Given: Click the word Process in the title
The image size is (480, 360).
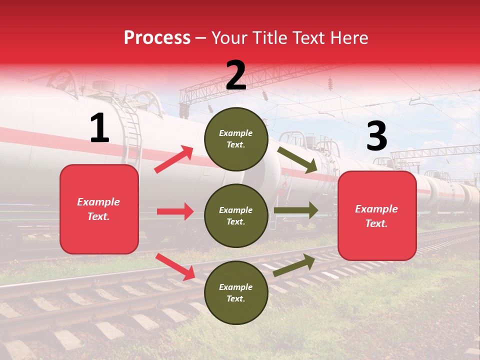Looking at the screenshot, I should point(157,38).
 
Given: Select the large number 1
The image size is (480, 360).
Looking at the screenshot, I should point(99,128).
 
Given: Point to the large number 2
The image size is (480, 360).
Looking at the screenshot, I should point(236,75).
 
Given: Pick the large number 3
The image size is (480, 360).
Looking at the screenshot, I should point(376,136).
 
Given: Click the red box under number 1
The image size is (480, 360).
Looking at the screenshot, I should point(99,209).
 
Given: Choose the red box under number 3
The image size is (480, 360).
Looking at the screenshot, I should point(377,216).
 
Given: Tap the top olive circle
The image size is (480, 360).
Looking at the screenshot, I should point(236,139).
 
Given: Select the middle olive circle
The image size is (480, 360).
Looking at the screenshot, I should point(236,216).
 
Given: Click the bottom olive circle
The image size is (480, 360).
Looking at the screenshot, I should point(236,293).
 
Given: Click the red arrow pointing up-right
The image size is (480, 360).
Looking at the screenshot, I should point(174,159).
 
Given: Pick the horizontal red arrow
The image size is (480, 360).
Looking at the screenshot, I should point(175,211).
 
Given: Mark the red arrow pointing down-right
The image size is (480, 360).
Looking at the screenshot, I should point(175,266).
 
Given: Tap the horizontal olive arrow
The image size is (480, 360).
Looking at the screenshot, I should point(296,210).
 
